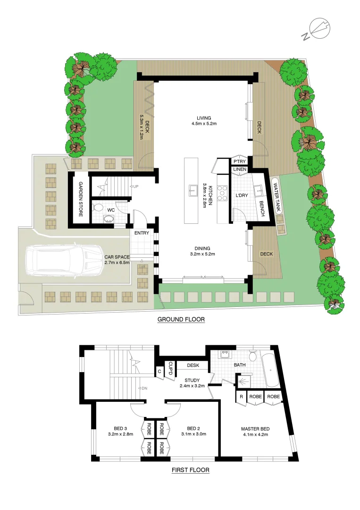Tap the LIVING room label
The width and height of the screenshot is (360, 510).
tap(204, 118)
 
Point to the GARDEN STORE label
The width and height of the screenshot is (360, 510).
tap(81, 199)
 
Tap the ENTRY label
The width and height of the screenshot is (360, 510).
tap(142, 233)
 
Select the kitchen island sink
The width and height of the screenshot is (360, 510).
tap(193, 191)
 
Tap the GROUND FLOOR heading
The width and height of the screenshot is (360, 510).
tap(181, 320)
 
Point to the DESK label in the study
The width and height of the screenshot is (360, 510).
tap(193, 365)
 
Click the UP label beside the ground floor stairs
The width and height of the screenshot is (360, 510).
tap(136, 187)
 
